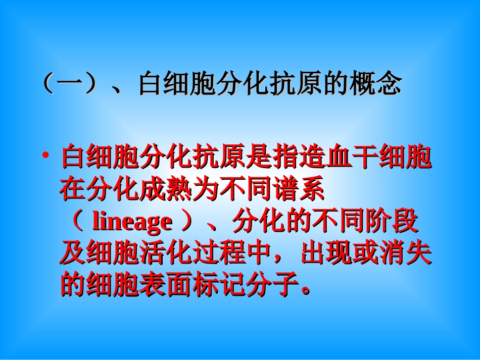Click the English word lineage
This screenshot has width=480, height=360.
click(x=132, y=222)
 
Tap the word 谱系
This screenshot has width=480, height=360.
click(x=300, y=191)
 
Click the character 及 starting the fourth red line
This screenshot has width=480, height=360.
click(x=72, y=254)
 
